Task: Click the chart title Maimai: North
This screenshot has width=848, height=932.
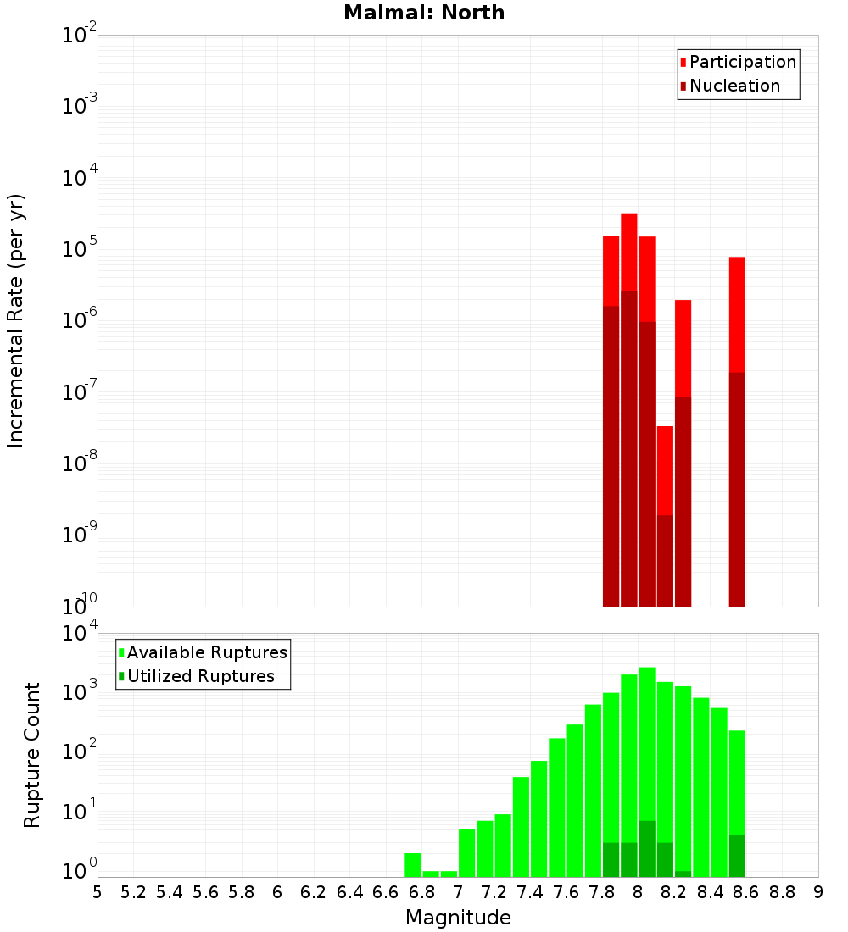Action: (424, 13)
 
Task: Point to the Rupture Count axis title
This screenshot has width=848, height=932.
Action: (32, 754)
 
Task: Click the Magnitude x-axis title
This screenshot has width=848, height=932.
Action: (458, 918)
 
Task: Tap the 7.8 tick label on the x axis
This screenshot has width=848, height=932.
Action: (602, 892)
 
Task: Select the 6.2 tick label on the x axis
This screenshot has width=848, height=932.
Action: (314, 892)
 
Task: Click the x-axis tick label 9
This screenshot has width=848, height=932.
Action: (817, 892)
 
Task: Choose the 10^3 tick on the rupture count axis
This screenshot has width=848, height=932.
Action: (80, 689)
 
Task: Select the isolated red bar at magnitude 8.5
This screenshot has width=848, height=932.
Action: (737, 313)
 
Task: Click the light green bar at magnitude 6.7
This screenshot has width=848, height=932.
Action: (413, 865)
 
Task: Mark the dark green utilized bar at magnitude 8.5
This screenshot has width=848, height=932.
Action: (737, 857)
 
